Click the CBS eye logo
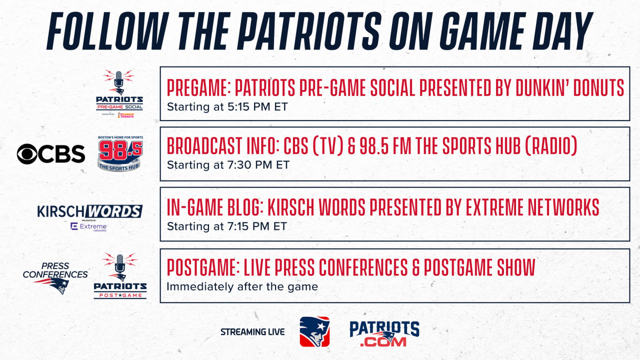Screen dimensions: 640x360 [x=27, y=154]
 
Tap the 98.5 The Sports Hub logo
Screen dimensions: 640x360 [x=120, y=153]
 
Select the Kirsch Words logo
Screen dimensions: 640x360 [x=89, y=211]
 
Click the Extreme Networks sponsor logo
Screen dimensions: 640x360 [x=89, y=227]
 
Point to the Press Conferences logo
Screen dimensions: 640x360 [x=55, y=277]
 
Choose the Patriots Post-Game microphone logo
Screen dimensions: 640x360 [x=120, y=275]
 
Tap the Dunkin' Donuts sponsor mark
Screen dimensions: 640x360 [x=125, y=115]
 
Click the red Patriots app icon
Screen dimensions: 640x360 [x=314, y=331]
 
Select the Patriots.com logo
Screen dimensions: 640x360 [x=384, y=333]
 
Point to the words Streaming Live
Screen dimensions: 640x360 [x=252, y=332]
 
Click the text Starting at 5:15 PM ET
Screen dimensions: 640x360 [x=227, y=107]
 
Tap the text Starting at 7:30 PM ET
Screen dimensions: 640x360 [x=228, y=165]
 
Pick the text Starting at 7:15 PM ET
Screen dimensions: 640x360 [x=227, y=226]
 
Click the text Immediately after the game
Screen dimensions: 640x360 [x=242, y=286]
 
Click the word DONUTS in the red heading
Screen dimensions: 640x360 [x=598, y=87]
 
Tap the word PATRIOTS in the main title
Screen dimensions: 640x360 [x=309, y=31]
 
